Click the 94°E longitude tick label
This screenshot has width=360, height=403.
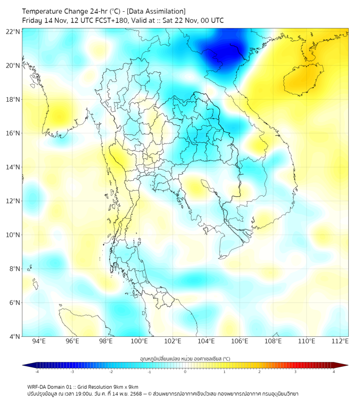tap(39, 342)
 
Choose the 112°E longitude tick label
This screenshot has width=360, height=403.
tap(340, 342)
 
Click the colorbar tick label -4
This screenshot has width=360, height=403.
tap(37, 372)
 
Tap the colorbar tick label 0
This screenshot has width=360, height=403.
tap(185, 372)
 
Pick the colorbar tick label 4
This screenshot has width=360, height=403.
tap(334, 372)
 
